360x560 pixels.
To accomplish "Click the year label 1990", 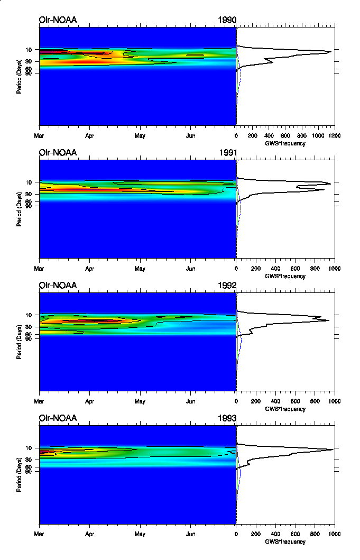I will click(x=227, y=20).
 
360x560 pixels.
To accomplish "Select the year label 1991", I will click(x=227, y=153).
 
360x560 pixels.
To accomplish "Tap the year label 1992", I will click(x=227, y=286).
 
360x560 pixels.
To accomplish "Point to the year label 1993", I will click(x=227, y=418).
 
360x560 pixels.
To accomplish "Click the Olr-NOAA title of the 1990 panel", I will click(x=58, y=20).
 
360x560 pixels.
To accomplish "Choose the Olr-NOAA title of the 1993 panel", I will click(x=58, y=418).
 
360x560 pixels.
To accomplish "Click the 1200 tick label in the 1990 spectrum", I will click(x=334, y=135).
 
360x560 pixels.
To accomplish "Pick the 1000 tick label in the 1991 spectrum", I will click(x=334, y=268).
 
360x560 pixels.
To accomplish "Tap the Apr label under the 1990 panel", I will click(x=89, y=135).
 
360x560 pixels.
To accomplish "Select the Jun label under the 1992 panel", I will click(x=190, y=401).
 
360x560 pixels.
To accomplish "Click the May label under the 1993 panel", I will click(x=140, y=534).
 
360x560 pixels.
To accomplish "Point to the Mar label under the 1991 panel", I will click(x=40, y=268).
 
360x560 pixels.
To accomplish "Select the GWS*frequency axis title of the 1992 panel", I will click(x=285, y=409).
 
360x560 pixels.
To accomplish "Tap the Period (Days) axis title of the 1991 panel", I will click(x=19, y=209).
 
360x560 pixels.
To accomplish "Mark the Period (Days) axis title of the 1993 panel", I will click(x=19, y=475).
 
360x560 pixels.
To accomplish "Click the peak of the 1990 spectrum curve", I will click(x=331, y=52).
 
